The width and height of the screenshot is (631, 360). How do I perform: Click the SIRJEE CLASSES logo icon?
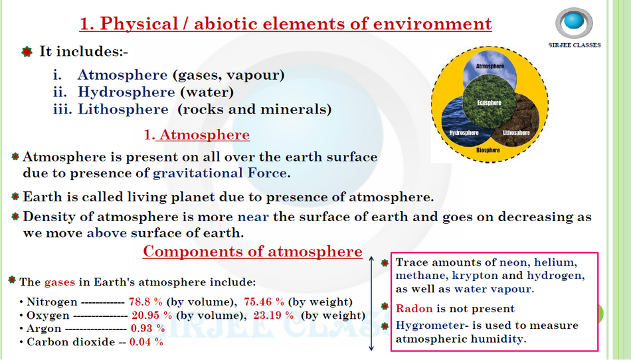click(575, 23)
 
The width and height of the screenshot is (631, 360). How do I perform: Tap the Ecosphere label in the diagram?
click(489, 102)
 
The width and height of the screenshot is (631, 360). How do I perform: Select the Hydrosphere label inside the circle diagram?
click(464, 133)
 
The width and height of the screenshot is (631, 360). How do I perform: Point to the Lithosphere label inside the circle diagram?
click(516, 133)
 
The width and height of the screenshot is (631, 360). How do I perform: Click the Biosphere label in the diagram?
click(488, 150)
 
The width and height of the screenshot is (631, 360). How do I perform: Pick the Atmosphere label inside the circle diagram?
click(490, 66)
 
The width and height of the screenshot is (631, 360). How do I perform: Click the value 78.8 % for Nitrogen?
click(145, 302)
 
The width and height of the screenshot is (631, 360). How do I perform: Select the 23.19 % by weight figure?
click(273, 315)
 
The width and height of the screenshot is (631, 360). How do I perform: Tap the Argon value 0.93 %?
click(147, 328)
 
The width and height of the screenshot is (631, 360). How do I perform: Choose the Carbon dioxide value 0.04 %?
click(147, 342)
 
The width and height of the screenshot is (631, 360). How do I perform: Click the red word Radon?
click(414, 308)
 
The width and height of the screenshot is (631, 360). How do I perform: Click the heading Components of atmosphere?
click(252, 251)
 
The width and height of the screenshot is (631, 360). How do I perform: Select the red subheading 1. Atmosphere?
click(197, 135)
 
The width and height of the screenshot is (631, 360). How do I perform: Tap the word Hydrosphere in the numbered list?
click(126, 92)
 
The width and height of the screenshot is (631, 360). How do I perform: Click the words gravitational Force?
click(220, 173)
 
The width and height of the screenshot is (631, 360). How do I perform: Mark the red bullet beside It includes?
click(27, 52)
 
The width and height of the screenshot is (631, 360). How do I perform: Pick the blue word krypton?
click(475, 276)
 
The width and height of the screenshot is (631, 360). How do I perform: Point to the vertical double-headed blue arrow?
click(371, 304)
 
